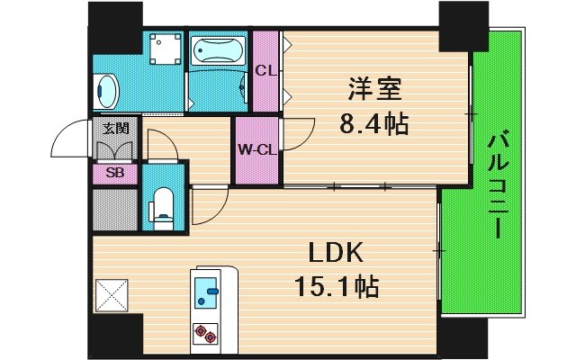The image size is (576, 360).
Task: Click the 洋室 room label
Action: tap(377, 89)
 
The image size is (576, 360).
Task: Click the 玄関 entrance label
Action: tap(113, 128)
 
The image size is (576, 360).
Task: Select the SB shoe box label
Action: tap(114, 172)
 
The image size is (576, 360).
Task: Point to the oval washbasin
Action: tap(106, 91)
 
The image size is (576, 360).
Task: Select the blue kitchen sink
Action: tap(206, 290)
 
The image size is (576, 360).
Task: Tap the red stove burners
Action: tap(206, 335)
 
